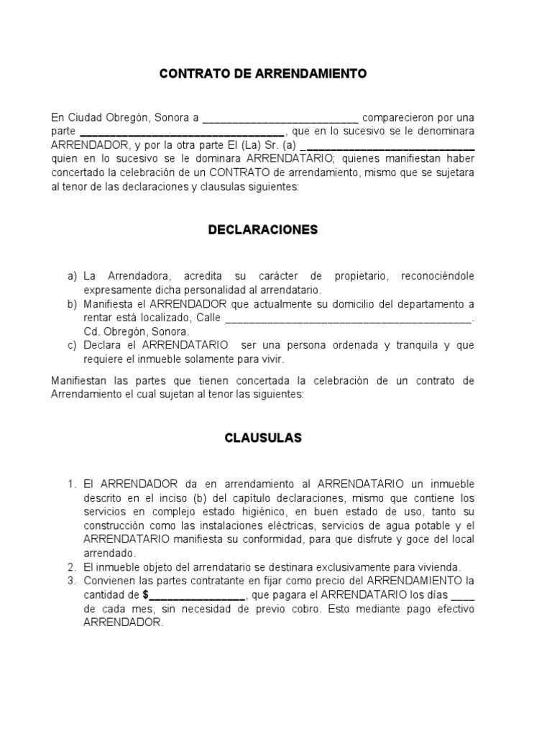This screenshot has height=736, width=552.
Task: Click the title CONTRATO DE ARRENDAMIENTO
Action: pyautogui.click(x=262, y=73)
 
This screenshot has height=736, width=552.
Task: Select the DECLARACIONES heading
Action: pyautogui.click(x=262, y=230)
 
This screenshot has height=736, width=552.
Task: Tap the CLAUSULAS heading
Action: pyautogui.click(x=262, y=437)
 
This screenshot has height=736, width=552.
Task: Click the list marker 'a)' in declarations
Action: pyautogui.click(x=72, y=276)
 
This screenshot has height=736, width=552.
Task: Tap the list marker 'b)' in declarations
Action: pyautogui.click(x=72, y=304)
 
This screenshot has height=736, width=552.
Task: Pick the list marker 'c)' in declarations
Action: pyautogui.click(x=72, y=345)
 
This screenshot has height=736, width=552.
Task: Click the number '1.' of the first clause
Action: pyautogui.click(x=71, y=484)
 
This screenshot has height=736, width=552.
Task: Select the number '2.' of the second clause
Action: pyautogui.click(x=71, y=566)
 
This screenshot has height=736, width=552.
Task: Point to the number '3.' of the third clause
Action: pyautogui.click(x=71, y=580)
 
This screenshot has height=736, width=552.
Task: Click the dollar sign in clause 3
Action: pyautogui.click(x=146, y=594)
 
